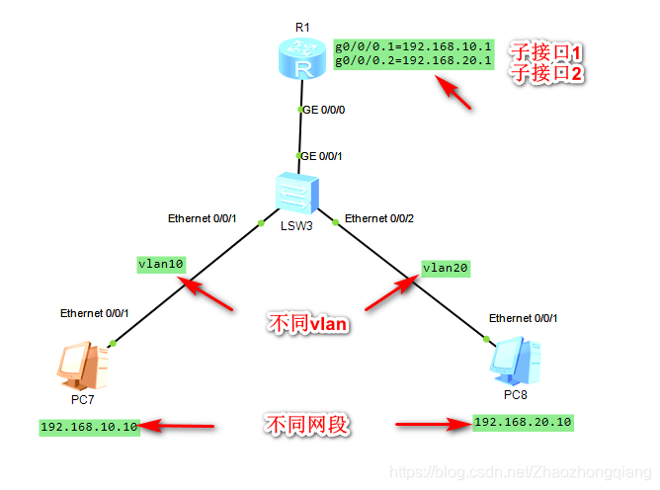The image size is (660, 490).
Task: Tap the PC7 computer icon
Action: tap(83, 367)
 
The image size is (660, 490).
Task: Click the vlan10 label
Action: tap(161, 265)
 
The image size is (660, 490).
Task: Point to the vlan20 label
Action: tap(446, 267)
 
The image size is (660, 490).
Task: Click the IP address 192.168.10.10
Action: tap(88, 427)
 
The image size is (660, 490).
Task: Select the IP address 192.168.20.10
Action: tap(523, 422)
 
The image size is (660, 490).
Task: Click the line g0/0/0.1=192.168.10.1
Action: tap(412, 45)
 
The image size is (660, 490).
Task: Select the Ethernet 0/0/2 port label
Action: tap(379, 218)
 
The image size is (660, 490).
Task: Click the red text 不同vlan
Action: tap(309, 322)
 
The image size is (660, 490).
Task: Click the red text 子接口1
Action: tap(546, 51)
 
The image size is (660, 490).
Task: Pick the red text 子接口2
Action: tap(546, 73)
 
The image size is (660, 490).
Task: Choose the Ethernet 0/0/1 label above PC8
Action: tap(524, 318)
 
